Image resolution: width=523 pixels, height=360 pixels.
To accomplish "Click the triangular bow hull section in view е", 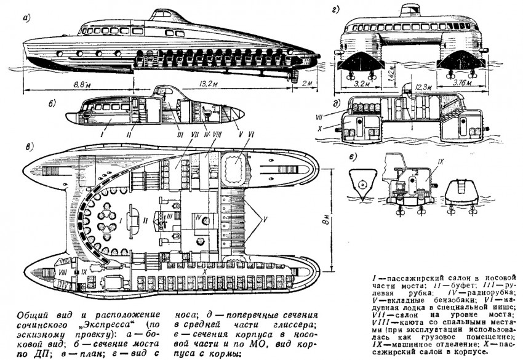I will pos(363,184).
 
